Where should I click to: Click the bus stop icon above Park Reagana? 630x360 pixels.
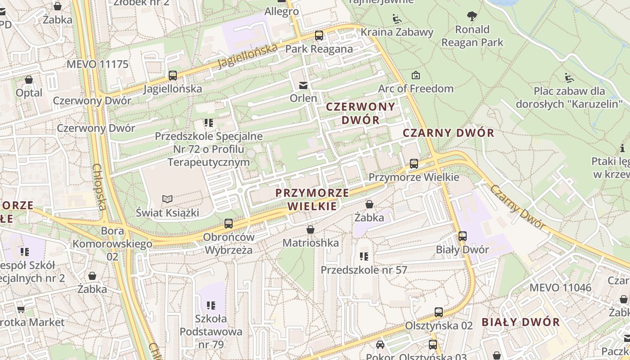coord(319,35)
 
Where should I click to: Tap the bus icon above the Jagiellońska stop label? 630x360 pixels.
coord(172,75)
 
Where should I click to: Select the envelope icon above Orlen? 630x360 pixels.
coord(303,85)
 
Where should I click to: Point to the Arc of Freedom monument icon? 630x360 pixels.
coord(415,75)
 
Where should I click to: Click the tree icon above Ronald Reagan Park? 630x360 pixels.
coord(472,17)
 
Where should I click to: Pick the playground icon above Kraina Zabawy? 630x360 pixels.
coord(397,19)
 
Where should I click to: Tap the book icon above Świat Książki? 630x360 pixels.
coord(167,198)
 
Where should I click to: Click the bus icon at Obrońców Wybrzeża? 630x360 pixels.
coord(229,223)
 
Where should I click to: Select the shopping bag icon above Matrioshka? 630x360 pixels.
coord(310,229)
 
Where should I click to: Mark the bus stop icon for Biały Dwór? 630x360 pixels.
coord(462,236)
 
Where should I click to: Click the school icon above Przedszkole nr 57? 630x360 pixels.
coord(364,256)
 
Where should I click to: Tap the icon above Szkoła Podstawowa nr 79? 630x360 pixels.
coord(211,306)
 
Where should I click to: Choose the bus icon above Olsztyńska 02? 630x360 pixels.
coord(438,312)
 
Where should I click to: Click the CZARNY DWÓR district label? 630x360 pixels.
coord(448,133)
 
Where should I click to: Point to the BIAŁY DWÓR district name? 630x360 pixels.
coord(521,322)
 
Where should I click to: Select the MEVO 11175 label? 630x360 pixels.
coord(98,64)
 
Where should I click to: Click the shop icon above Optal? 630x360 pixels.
coord(29,80)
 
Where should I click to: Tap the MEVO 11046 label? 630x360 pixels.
coord(560,288)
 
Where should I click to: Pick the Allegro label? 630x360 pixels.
coord(282,11)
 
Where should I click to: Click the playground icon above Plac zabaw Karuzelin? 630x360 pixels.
coord(569,77)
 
